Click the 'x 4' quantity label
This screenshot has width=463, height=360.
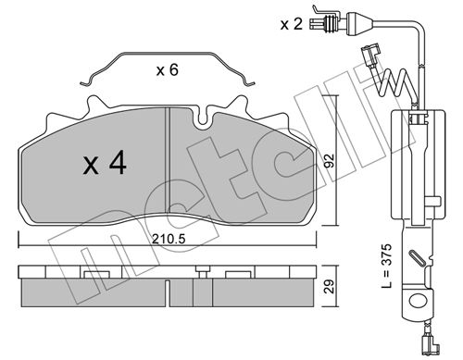pos(105,163)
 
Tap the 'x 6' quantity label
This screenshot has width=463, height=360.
pos(168,70)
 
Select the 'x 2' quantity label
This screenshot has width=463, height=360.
pos(292,24)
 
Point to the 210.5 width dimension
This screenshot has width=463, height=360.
pos(169,239)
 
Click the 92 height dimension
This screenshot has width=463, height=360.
pos(330,160)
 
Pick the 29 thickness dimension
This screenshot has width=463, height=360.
pos(330,287)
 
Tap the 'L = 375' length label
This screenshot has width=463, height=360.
pos(386,266)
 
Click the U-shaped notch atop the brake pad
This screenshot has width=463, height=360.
pos(203,118)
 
